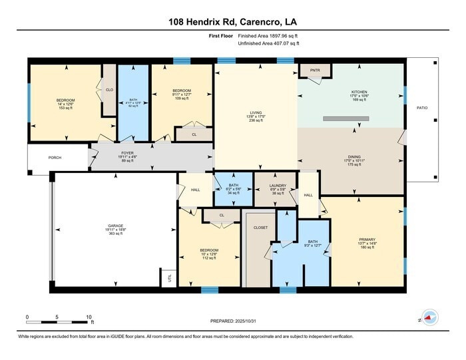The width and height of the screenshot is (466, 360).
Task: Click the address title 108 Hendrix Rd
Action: tap(232, 21)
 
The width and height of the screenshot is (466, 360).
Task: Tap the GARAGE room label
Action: tap(116, 226)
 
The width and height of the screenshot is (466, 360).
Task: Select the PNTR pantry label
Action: tap(310, 69)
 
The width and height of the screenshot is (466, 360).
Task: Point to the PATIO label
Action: tap(422, 107)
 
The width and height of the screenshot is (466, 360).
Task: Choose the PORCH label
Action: tap(55, 158)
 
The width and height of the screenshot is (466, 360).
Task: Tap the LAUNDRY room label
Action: tap(278, 186)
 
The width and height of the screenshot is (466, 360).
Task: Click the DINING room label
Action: tap(350, 156)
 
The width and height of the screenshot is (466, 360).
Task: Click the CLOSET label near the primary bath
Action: tap(260, 228)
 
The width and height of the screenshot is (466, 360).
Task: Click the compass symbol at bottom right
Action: tap(429, 319)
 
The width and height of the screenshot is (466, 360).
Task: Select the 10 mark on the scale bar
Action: tap(89, 317)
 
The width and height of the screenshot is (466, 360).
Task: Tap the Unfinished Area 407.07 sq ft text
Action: tap(268, 43)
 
